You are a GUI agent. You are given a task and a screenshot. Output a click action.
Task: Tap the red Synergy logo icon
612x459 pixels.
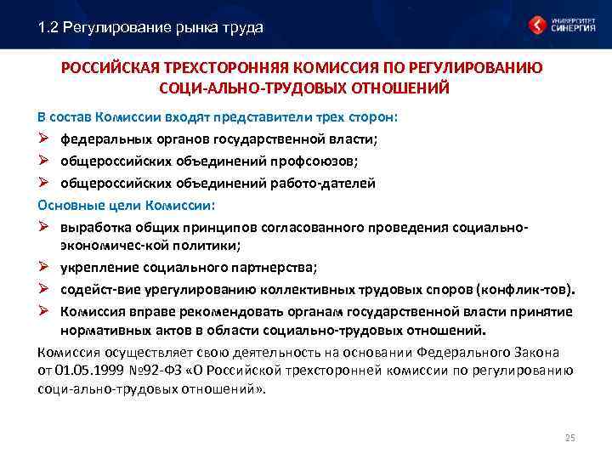(537, 25)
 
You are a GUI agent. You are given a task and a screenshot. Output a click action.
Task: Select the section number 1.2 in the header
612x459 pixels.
(49, 27)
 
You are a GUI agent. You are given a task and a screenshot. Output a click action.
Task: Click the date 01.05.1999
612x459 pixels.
(83, 370)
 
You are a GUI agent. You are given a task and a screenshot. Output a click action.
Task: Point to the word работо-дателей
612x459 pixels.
(327, 183)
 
